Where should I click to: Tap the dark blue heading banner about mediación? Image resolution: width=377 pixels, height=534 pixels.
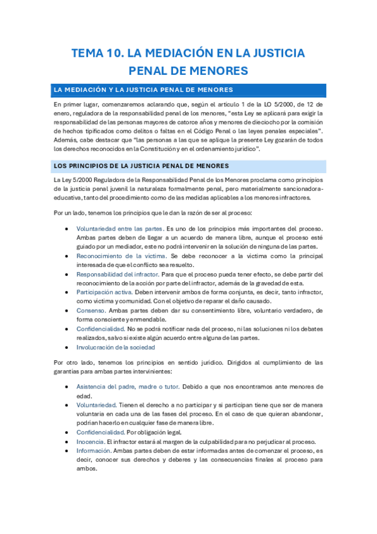189,89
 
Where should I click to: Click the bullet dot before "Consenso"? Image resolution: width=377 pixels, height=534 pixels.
67,311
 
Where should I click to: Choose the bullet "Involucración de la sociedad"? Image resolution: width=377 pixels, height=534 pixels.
115,347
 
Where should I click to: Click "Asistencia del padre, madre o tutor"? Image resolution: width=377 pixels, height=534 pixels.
128,387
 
